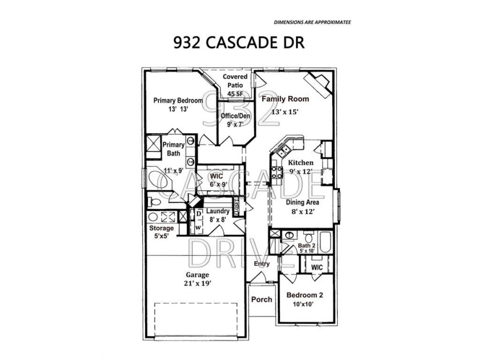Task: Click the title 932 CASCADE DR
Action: (x=239, y=42)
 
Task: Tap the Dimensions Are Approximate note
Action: (x=312, y=22)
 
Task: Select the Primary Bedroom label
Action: (x=178, y=101)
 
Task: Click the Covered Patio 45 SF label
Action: (x=235, y=85)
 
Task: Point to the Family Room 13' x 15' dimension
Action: (x=285, y=112)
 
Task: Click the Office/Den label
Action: (x=235, y=116)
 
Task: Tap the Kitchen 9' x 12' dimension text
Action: (x=301, y=171)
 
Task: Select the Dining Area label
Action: (x=302, y=202)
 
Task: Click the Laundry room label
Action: (x=218, y=211)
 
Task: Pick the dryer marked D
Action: (x=199, y=214)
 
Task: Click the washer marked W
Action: (x=198, y=227)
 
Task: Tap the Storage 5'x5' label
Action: (x=161, y=232)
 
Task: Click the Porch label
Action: (x=262, y=299)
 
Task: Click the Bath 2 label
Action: (x=306, y=246)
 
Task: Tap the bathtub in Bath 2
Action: (x=325, y=242)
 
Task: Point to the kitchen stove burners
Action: (x=277, y=172)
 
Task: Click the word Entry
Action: (x=262, y=264)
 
